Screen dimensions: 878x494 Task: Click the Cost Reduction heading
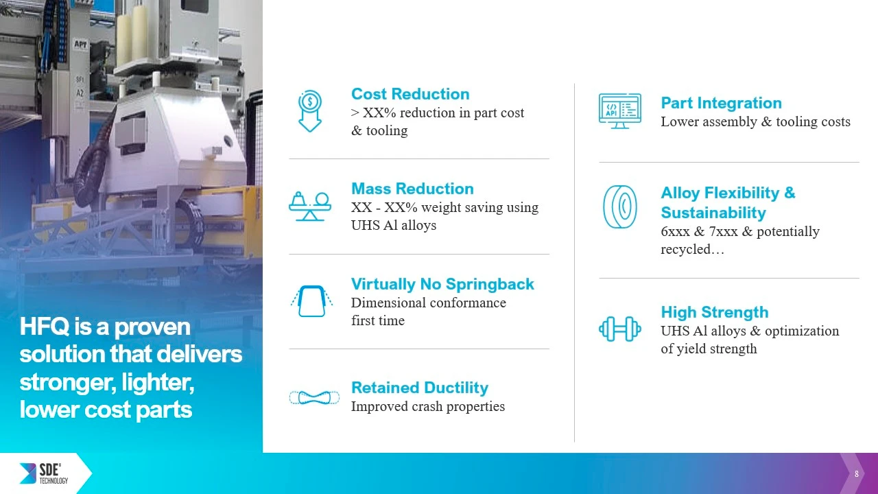410,94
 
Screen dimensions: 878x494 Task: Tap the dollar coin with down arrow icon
310,111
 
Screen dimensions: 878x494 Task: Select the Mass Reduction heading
412,189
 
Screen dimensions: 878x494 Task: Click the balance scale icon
310,207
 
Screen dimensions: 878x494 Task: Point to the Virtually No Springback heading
442,284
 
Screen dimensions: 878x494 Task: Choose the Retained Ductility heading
420,388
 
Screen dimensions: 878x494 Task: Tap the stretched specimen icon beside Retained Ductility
314,397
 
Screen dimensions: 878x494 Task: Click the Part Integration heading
721,103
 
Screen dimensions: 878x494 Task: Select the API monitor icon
620,111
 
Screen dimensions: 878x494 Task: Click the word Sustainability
713,213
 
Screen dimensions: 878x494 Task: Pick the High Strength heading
715,312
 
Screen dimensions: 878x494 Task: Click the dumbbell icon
620,329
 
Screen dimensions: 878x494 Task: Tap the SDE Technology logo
44,473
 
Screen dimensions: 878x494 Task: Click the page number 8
857,474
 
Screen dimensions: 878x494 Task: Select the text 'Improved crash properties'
428,407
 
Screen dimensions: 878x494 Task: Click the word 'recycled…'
693,249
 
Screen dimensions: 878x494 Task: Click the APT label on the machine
81,44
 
